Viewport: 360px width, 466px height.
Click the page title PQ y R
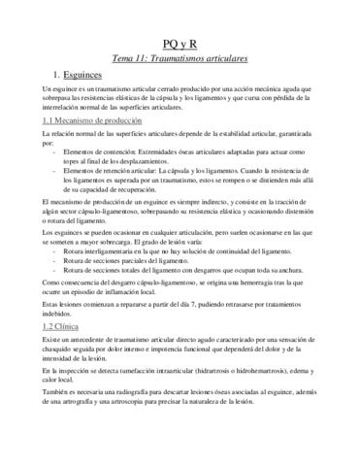pos(180,45)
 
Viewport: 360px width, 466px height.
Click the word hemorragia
pos(253,285)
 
